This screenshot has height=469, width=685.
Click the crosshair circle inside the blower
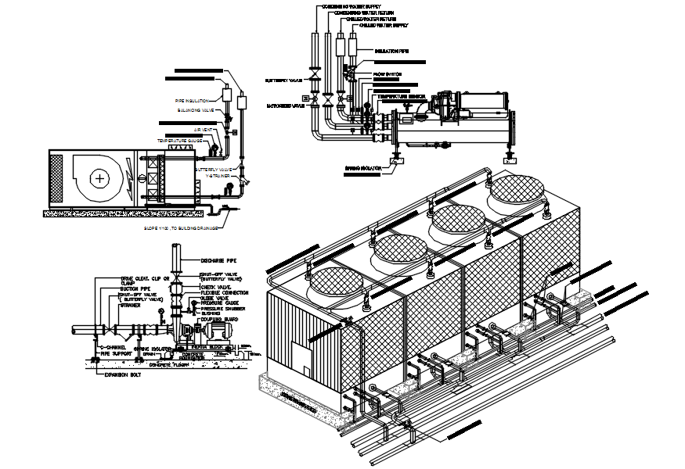(100, 178)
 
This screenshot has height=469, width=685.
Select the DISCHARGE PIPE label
(218, 260)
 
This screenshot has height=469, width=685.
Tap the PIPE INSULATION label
(193, 101)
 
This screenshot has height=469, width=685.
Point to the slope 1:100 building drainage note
(179, 228)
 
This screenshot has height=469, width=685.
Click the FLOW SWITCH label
(388, 74)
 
